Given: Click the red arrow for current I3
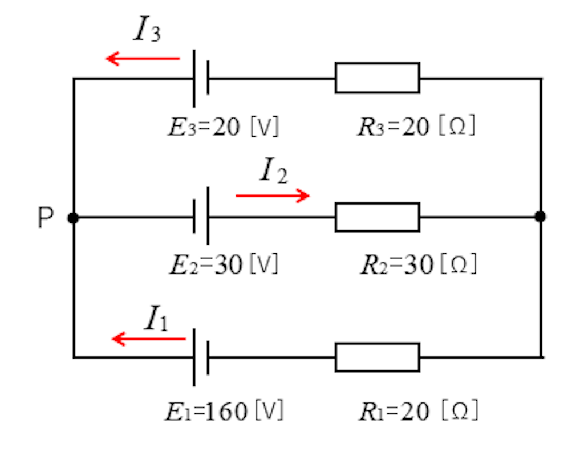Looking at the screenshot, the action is pos(143,59).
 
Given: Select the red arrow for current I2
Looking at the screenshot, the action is pos(273,196).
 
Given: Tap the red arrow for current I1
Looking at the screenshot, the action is pos(149,339).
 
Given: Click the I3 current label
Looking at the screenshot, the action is pos(147,28).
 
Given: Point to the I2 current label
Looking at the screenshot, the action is pos(273,170).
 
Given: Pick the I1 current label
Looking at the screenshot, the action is pos(156,317).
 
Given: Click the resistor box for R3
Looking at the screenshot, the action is pos(378,78).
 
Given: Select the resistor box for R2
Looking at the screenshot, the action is pos(378,217).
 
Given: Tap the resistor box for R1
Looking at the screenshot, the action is pos(378,357).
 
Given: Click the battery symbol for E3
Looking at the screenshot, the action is pos(201,79).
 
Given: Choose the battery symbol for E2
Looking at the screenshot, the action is pos(201,216).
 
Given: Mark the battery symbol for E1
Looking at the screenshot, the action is pos(201,357).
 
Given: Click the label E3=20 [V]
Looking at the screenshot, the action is pos(224,127).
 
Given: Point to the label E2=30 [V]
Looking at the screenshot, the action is pos(224,264).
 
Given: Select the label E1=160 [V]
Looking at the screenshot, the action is pos(224,411).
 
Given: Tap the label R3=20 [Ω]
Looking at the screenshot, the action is pos(416,126).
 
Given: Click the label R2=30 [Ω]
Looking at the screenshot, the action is pos(419,264).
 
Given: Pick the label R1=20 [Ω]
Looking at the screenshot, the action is pos(418,410).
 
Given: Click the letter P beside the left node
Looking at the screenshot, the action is pos(46,217).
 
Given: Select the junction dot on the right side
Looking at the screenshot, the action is pos(540,216).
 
